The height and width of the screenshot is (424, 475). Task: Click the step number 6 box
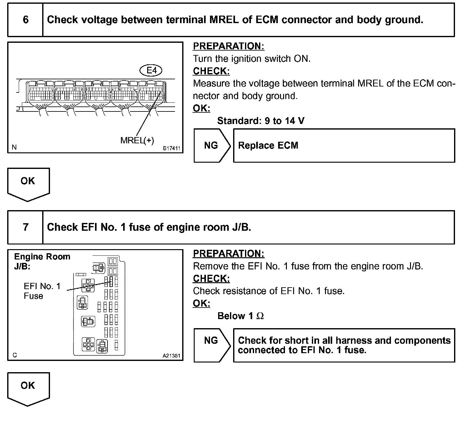point(25,20)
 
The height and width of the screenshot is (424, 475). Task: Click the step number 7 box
point(25,227)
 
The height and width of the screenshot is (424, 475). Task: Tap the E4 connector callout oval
point(151,71)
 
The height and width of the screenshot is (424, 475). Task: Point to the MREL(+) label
point(137,141)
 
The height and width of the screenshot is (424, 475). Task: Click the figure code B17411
point(172,148)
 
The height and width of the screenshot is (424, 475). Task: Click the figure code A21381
point(171,356)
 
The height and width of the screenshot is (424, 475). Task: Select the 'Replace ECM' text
point(268,145)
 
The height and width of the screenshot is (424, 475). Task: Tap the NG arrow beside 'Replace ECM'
point(212,145)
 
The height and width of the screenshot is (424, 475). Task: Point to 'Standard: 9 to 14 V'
point(261,121)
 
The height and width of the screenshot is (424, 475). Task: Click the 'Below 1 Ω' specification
point(241,316)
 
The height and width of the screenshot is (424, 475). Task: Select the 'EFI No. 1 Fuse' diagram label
point(42,291)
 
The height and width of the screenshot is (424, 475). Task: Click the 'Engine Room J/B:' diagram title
point(42,261)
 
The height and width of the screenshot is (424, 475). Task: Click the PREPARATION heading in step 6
point(228,46)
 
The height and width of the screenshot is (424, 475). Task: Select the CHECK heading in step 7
point(211,279)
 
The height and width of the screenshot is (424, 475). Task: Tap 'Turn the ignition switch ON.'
point(252,59)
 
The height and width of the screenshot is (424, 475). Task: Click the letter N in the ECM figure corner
point(14,147)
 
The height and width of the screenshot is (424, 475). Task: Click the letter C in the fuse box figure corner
point(15,355)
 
